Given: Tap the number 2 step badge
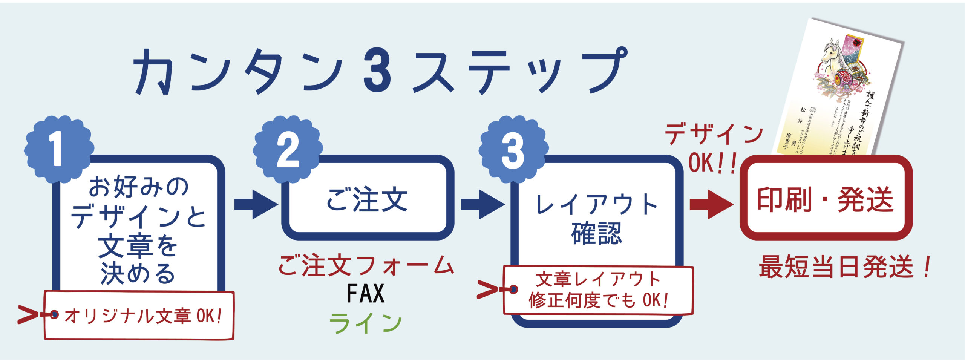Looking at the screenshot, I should (288, 150).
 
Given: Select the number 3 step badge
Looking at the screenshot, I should (513, 151).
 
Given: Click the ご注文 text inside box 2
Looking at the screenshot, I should (367, 199).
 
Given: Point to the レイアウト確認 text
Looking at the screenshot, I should (597, 219).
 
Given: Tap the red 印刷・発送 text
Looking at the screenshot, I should (826, 199).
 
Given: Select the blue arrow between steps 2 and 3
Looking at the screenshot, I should (482, 205).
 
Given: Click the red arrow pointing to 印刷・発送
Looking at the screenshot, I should (711, 205).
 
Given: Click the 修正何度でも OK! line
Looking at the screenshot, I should (599, 300).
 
